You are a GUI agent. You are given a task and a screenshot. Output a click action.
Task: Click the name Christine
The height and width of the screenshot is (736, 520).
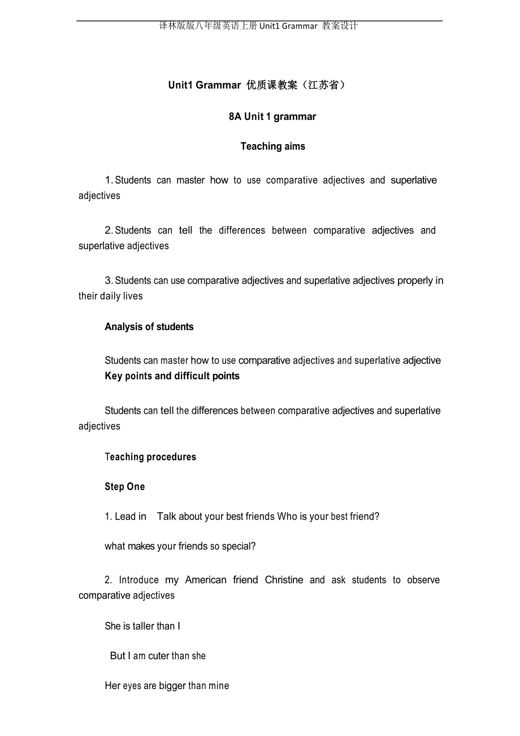click(x=284, y=580)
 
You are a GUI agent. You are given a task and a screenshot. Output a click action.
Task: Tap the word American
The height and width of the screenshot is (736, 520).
click(x=206, y=580)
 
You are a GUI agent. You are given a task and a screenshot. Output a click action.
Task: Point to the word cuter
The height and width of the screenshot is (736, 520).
click(x=159, y=656)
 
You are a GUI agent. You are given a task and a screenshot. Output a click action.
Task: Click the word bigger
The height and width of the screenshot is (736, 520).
click(x=172, y=686)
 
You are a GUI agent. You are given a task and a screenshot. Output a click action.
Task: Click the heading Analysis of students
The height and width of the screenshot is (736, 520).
click(x=149, y=327)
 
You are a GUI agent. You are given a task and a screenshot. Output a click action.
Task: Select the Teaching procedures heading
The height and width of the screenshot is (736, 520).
click(x=150, y=457)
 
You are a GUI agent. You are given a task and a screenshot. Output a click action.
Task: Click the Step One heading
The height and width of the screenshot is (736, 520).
click(x=125, y=487)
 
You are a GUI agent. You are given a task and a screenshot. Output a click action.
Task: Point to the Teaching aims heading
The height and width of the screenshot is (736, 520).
click(x=272, y=146)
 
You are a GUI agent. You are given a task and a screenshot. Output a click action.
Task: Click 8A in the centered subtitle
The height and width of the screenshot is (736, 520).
click(x=235, y=116)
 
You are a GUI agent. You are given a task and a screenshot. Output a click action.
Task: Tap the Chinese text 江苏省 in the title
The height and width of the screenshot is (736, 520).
click(x=324, y=85)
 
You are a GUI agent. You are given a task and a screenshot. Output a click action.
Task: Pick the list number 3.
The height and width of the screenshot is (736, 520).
click(x=108, y=281)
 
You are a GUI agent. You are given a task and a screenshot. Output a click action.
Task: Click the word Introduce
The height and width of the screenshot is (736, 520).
click(x=139, y=580)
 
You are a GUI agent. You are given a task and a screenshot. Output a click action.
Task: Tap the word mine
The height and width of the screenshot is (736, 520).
click(x=219, y=686)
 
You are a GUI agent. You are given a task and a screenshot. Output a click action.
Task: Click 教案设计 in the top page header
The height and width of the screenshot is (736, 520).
click(x=340, y=26)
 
